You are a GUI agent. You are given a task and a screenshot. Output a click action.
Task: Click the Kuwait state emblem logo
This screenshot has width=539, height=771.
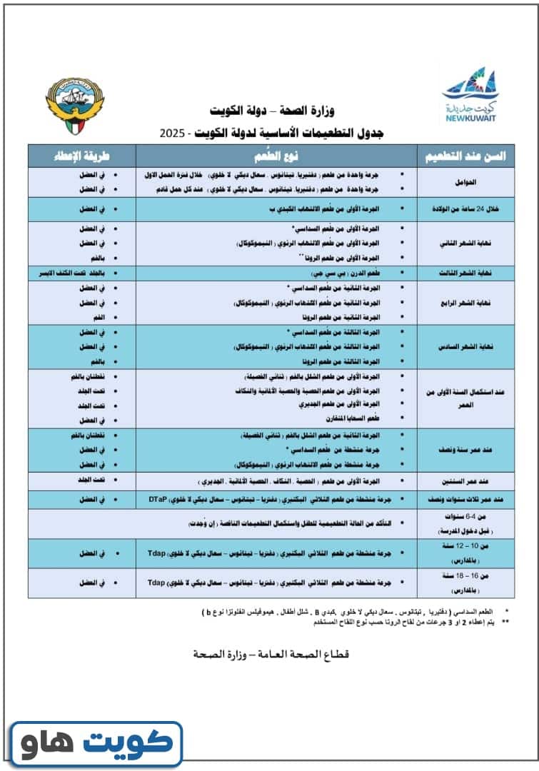click(74, 109)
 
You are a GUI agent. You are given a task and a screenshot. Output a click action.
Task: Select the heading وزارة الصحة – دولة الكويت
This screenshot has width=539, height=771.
click(272, 111)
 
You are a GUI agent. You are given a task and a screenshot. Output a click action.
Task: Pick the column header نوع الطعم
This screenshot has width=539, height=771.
click(276, 156)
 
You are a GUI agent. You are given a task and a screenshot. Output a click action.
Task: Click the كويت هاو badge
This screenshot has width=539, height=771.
click(96, 744)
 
